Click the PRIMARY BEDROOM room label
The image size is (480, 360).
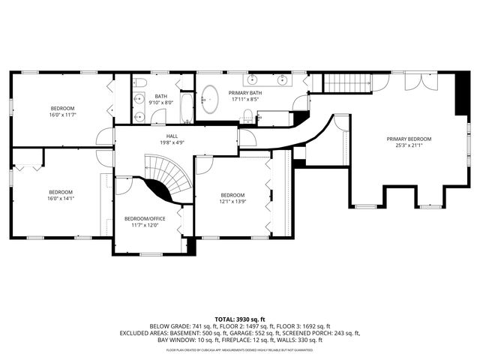coord(409,139)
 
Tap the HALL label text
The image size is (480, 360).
coord(172,136)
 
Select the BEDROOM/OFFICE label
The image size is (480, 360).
coord(145,218)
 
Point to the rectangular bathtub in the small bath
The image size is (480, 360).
coord(186,106)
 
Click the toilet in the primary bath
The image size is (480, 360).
coord(247,115)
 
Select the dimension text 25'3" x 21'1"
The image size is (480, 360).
coord(409,145)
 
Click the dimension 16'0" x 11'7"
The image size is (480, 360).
coord(63,115)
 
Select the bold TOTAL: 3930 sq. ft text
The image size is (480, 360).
coord(240,319)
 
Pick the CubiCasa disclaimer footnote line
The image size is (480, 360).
coord(240,349)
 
